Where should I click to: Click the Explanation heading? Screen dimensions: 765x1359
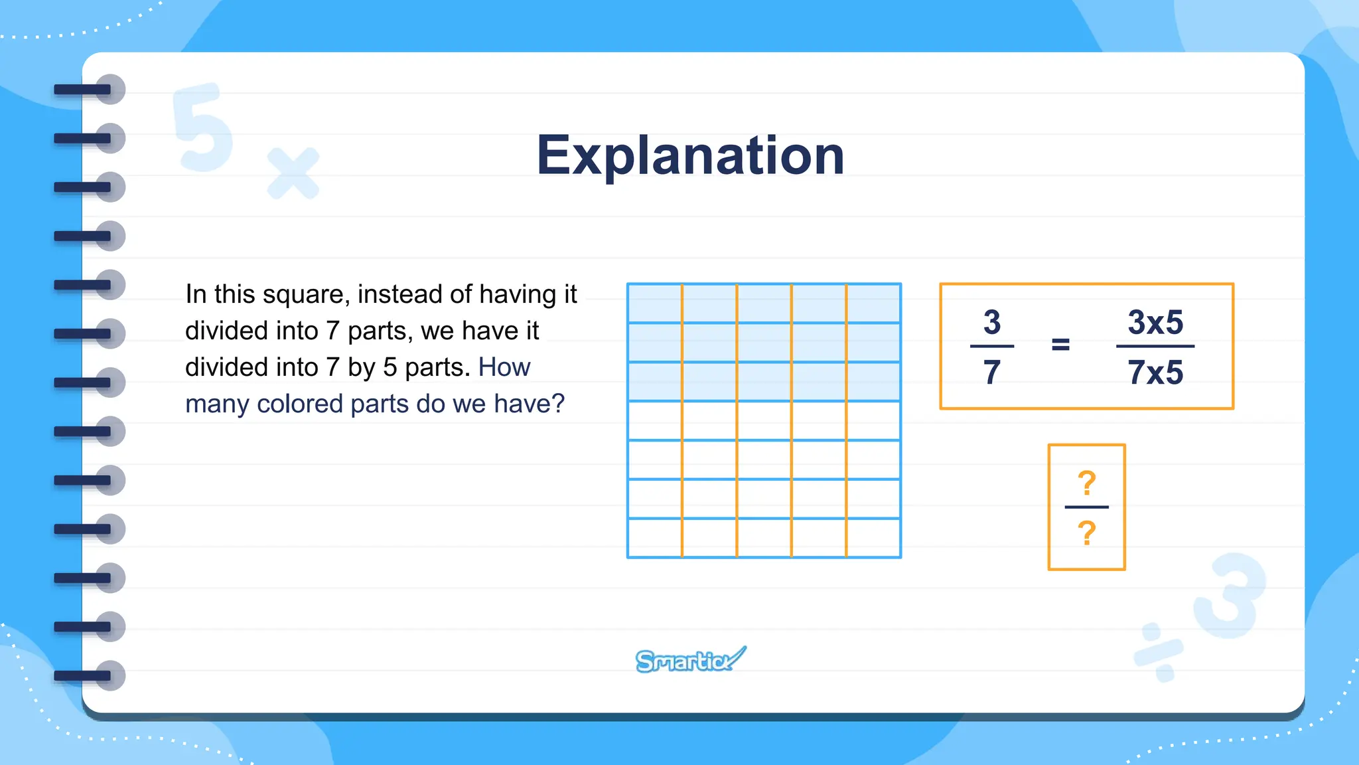point(690,155)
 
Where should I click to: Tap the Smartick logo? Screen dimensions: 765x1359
point(690,660)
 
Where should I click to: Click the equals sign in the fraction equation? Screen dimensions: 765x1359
point(1060,344)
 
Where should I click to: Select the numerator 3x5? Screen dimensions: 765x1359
point(1155,323)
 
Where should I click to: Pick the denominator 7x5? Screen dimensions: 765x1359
point(1155,372)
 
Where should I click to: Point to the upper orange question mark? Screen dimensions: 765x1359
point(1086,483)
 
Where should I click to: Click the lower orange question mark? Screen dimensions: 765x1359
point(1086,533)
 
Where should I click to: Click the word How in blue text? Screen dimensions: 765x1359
point(504,367)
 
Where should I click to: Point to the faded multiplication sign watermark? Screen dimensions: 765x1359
point(293,173)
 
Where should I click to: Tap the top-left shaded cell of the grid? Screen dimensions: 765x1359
point(655,303)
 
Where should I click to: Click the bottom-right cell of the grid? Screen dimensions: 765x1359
point(873,538)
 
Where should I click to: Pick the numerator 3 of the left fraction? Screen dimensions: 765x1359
point(992,323)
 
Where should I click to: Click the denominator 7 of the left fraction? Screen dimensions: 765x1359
point(992,372)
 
